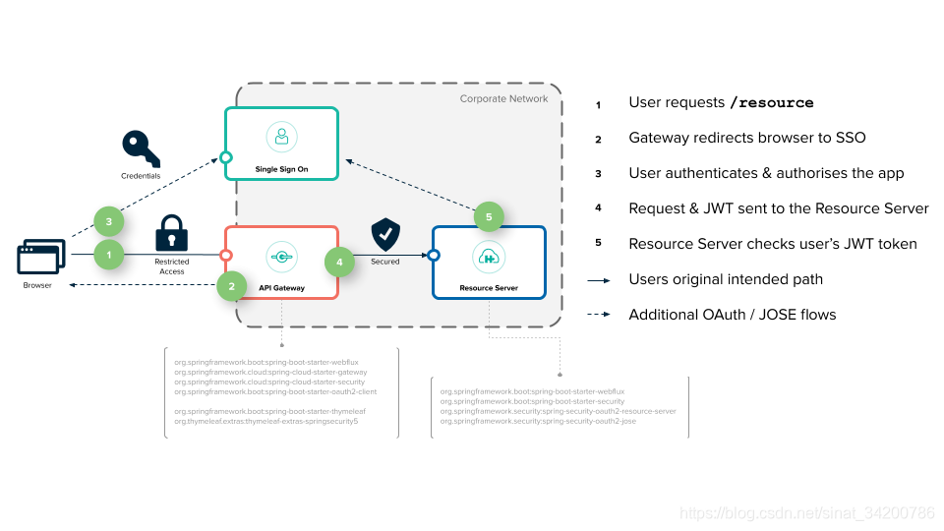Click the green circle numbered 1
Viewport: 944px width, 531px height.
coord(109,256)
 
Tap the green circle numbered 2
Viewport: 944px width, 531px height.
coord(231,286)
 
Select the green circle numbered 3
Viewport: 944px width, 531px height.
coord(109,222)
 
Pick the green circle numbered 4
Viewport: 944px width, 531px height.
coord(340,263)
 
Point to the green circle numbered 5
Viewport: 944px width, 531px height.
coord(489,217)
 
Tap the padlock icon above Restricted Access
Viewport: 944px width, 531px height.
coord(172,233)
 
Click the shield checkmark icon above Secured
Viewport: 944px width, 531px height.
coord(385,235)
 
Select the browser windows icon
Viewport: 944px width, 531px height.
coord(38,258)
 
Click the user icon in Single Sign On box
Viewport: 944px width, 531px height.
coord(281,136)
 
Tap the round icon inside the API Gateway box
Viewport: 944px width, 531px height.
coord(281,258)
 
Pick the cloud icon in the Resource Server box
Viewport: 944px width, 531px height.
coord(489,258)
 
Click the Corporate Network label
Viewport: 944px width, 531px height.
coord(505,99)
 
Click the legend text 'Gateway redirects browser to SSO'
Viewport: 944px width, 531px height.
coord(746,139)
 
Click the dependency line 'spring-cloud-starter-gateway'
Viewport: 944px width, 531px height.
coord(270,373)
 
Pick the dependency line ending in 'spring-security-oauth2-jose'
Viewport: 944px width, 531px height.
coord(538,421)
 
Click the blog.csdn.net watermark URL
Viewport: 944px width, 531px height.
coord(806,513)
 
